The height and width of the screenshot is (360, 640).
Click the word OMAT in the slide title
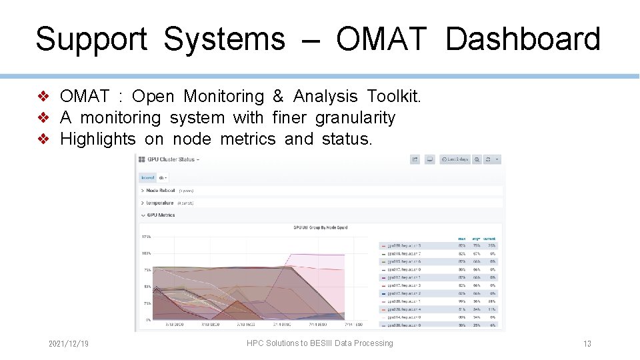(381, 39)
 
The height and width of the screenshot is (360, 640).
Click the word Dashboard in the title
(523, 39)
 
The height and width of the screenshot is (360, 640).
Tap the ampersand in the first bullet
(278, 97)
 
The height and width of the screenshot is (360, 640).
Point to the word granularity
(355, 118)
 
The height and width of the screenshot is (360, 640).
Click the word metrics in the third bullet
(247, 139)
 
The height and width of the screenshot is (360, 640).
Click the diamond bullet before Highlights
(43, 139)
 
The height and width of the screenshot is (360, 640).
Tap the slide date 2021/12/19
(69, 343)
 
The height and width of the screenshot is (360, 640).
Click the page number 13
(587, 344)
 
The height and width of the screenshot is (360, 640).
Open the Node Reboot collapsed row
(160, 191)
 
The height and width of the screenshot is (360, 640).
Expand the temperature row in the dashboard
(159, 203)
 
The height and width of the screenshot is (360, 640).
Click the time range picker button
(455, 159)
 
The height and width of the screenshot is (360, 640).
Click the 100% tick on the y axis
(145, 253)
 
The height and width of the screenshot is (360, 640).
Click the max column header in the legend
(461, 239)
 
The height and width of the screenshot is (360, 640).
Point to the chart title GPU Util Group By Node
(320, 227)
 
